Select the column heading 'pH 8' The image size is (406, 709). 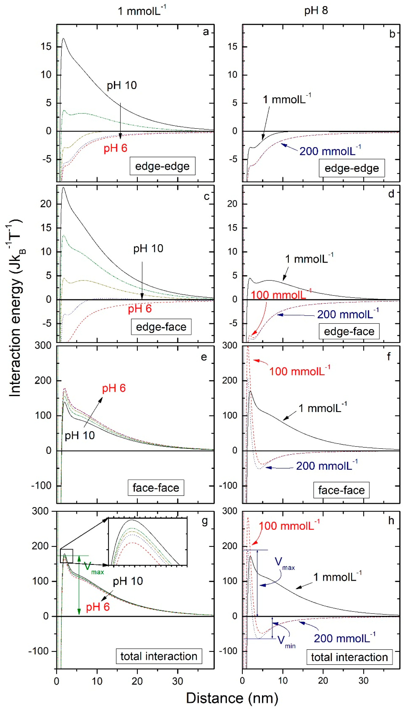[x=316, y=11]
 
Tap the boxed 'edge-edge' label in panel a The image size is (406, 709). [x=162, y=166]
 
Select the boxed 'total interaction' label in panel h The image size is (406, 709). [x=349, y=657]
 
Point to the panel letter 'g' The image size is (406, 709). [x=205, y=521]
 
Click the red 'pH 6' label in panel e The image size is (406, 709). [x=114, y=388]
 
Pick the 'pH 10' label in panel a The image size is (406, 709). [x=122, y=85]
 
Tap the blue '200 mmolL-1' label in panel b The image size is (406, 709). [x=330, y=151]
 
